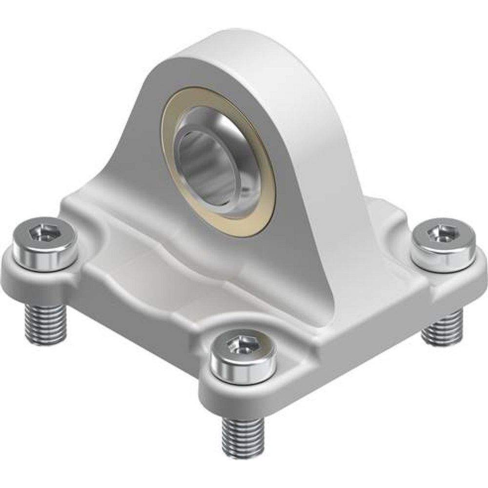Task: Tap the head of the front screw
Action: click(243, 349)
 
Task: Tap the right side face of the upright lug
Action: click(312, 161)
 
